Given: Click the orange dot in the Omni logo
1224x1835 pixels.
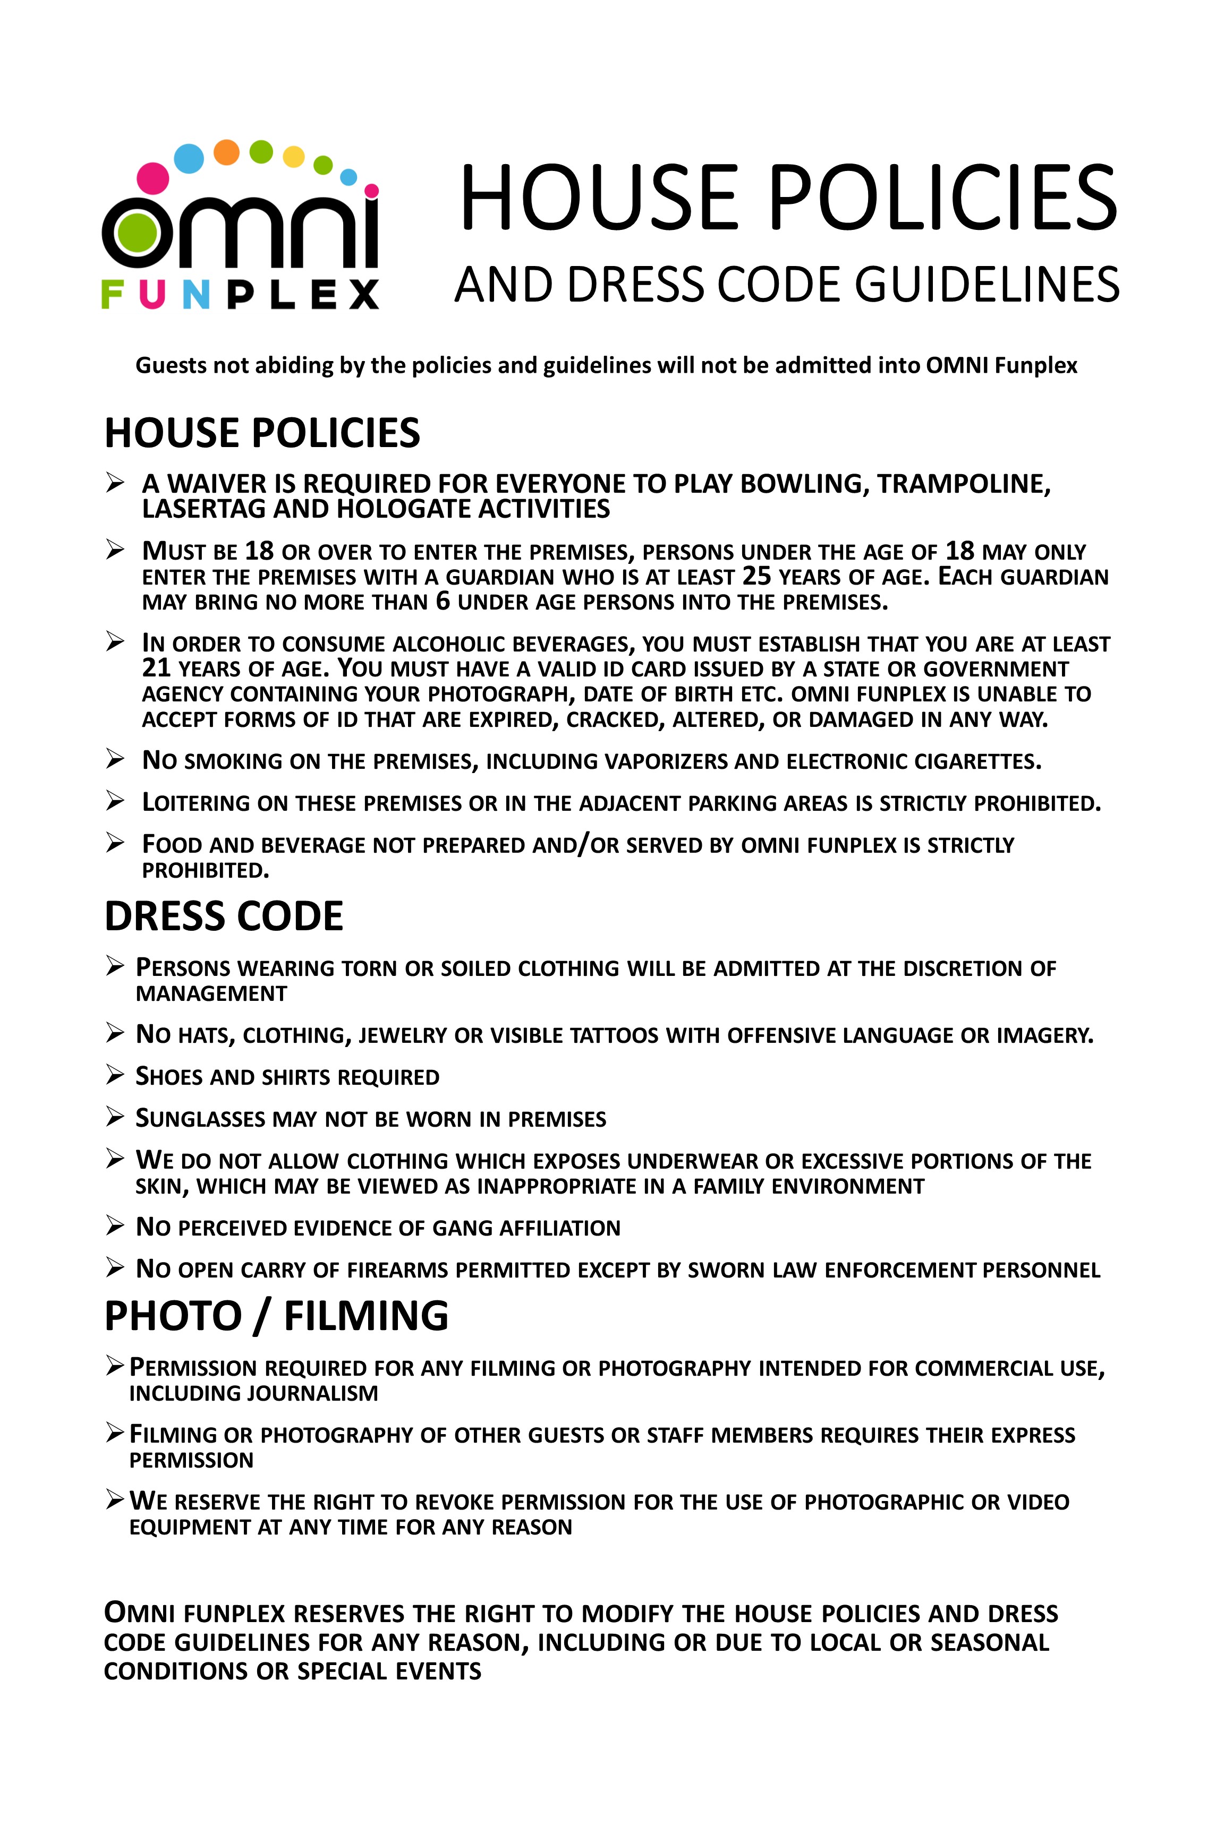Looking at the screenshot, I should pos(226,152).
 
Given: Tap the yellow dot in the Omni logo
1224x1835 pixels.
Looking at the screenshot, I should pos(293,157).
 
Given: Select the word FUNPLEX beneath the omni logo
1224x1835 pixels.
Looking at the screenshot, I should pos(240,295).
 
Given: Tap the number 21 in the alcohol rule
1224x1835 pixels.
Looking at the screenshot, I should pos(156,668).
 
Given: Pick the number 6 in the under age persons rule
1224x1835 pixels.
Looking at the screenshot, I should pos(443,602).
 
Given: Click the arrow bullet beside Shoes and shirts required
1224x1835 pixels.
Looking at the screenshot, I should pos(115,1076).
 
